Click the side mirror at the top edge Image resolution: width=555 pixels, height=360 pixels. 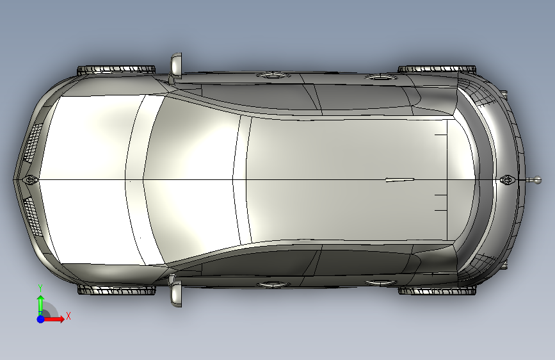click(176, 65)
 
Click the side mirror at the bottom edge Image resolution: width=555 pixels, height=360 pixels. click(176, 294)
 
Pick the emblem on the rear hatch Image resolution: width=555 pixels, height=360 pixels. click(508, 179)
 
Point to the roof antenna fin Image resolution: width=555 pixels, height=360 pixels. click(400, 180)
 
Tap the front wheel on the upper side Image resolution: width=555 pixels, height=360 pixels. click(117, 70)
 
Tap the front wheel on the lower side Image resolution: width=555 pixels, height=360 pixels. click(117, 290)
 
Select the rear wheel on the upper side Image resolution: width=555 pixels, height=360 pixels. click(437, 69)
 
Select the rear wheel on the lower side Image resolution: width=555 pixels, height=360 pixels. click(437, 291)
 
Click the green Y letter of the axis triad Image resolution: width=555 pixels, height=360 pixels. click(40, 288)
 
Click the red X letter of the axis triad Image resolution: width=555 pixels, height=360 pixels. click(68, 316)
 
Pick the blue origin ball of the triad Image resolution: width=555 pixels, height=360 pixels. click(41, 319)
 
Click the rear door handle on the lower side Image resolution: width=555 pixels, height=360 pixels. click(380, 282)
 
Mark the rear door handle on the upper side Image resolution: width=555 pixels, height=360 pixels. click(380, 76)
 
